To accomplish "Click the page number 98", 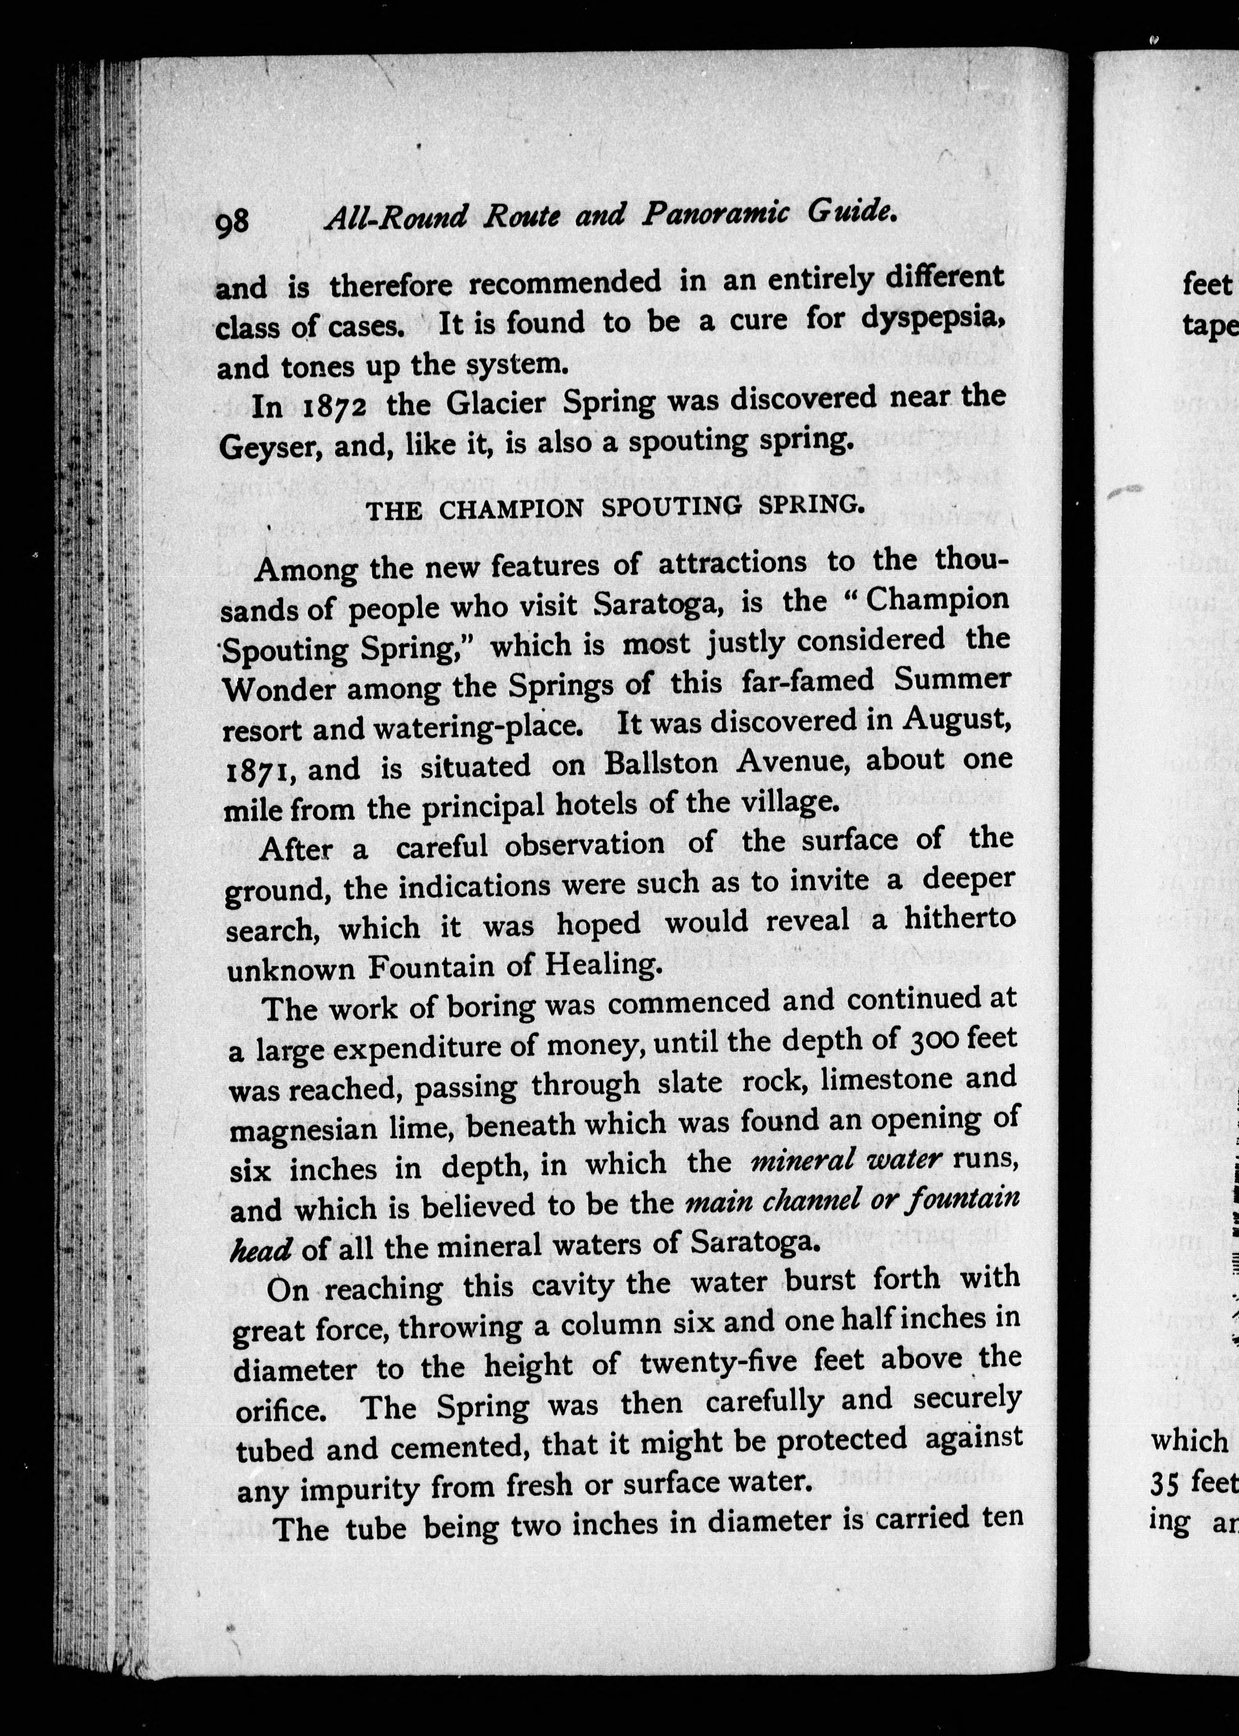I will (232, 223).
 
